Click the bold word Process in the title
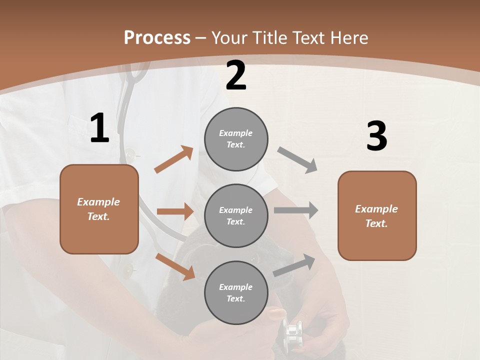[x=157, y=38]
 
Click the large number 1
[x=99, y=128]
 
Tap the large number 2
[x=236, y=75]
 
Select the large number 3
[x=376, y=137]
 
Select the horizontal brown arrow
[x=174, y=211]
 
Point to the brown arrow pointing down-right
[x=175, y=266]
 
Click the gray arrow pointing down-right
[x=297, y=160]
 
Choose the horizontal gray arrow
[x=295, y=210]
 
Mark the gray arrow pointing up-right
[x=294, y=265]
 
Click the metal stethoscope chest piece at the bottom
[x=292, y=332]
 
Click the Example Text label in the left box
[x=98, y=209]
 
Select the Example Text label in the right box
[x=376, y=216]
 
